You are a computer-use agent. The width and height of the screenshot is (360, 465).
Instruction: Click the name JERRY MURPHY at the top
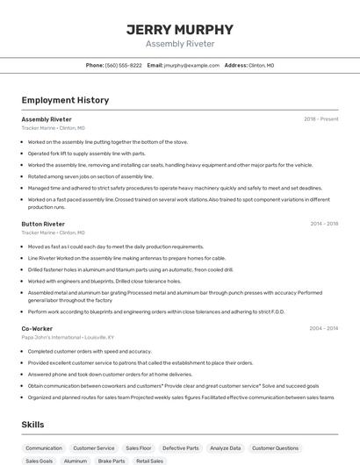coord(180,29)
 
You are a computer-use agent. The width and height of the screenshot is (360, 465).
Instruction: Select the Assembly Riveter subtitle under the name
coord(180,44)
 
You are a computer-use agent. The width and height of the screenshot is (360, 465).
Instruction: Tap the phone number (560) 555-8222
coord(123,65)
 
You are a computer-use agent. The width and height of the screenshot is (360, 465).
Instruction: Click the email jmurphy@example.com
coord(191,65)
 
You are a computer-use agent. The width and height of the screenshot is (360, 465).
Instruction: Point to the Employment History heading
coord(65,100)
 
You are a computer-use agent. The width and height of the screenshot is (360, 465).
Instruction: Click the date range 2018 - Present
coord(320,119)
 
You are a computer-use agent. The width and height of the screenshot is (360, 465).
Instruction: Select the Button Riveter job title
coord(43,224)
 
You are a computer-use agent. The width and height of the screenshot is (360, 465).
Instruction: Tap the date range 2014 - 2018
coord(324,224)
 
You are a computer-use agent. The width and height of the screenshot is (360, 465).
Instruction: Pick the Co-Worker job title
coord(37,328)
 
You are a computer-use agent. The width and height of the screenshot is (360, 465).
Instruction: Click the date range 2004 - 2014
coord(324,328)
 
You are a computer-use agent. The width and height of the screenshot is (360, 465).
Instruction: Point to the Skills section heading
coord(33,425)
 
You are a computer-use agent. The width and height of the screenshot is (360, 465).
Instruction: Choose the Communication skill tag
coord(44,448)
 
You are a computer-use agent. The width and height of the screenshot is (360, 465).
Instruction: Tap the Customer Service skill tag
coord(93,448)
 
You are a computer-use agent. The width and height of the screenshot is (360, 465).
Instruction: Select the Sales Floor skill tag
coord(139,448)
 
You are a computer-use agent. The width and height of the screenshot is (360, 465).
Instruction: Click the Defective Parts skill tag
coord(181,448)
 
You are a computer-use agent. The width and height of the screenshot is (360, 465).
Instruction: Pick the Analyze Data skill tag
coord(226,448)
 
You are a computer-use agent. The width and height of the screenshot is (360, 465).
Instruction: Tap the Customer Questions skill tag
coord(275,448)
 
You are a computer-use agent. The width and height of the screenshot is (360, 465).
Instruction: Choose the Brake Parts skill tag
coord(112,461)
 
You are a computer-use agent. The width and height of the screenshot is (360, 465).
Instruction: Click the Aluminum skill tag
coord(76,461)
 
